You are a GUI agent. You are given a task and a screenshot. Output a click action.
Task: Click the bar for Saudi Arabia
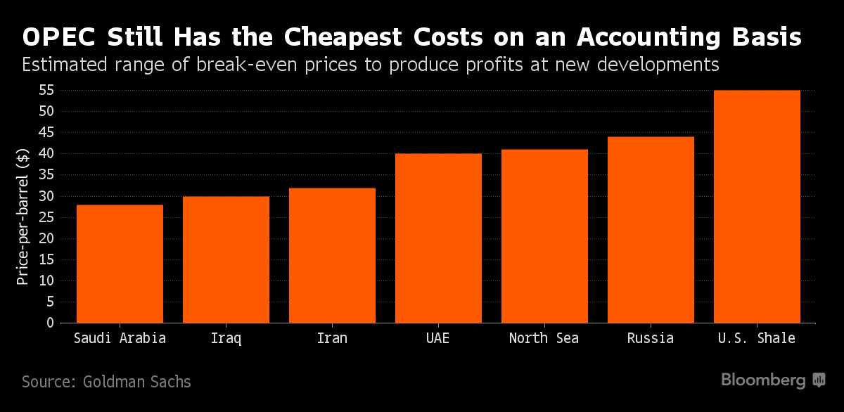tap(120, 264)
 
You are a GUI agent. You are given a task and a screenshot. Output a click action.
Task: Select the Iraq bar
tap(226, 259)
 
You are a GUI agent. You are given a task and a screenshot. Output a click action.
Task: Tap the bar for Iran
tap(332, 255)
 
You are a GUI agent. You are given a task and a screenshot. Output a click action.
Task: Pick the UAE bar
tap(438, 238)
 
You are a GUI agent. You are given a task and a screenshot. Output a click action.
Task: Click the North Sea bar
tap(544, 236)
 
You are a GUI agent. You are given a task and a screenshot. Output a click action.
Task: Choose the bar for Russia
tap(651, 230)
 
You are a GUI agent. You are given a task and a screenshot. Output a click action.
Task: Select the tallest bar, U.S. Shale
tap(757, 207)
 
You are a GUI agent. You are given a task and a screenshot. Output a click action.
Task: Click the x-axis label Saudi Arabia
tap(120, 338)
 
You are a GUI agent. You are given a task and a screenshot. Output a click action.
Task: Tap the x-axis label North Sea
tap(544, 338)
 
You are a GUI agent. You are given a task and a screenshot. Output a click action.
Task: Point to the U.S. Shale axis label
tap(757, 338)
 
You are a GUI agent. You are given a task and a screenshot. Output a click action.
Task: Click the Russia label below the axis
tap(651, 338)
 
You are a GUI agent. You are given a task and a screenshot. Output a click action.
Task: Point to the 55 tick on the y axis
tap(46, 90)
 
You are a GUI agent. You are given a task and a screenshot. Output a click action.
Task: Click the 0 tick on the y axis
tap(50, 323)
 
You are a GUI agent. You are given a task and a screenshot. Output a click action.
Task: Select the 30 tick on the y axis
tap(46, 196)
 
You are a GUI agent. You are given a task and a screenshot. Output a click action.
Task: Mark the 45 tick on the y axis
tap(46, 132)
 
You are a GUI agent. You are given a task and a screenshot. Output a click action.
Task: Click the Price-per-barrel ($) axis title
tap(23, 217)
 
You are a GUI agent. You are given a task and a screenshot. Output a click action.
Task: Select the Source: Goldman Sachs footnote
tap(106, 382)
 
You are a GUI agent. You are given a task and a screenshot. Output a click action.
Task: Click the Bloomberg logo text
tap(763, 380)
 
